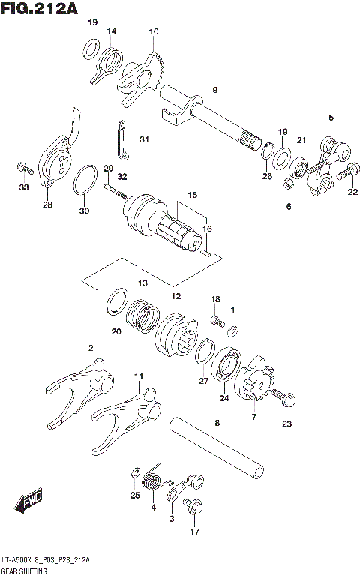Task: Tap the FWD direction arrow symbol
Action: [x=28, y=499]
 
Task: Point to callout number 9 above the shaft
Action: [x=214, y=90]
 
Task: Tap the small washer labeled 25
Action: [x=135, y=474]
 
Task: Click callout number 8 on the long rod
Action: [x=217, y=424]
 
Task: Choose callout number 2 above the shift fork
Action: [x=91, y=348]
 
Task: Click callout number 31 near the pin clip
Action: [x=144, y=139]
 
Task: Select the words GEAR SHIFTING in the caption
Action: [x=25, y=571]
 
